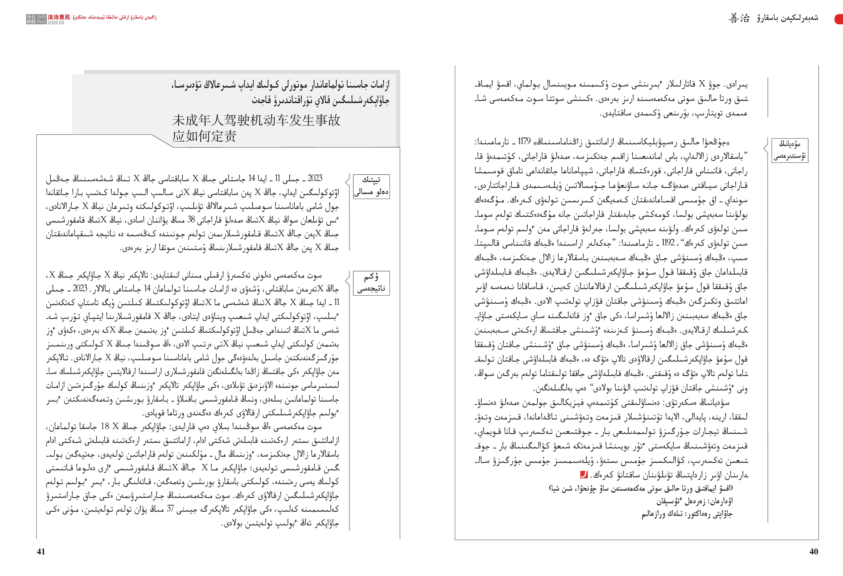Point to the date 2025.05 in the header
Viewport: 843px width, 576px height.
(x=56, y=22)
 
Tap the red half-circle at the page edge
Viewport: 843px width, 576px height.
(x=839, y=19)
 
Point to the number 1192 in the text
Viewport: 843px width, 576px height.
(x=668, y=243)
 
